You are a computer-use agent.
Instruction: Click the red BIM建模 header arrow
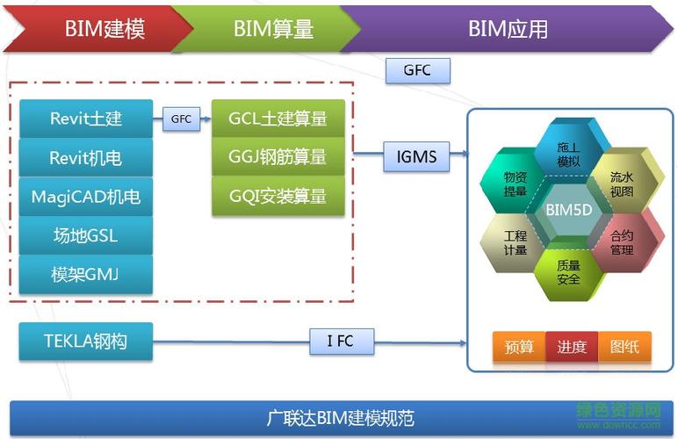tap(97, 29)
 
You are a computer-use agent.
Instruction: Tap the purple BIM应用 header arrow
tap(508, 29)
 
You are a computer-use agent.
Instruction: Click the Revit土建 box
tap(86, 119)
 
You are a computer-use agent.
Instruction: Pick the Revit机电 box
tap(86, 158)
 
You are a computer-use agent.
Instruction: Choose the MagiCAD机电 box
tap(86, 197)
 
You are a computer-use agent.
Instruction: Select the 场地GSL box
tap(86, 235)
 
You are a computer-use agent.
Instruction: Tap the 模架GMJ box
tap(86, 274)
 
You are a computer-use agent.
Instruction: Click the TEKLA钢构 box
tap(86, 342)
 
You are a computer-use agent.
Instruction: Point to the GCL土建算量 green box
tap(278, 119)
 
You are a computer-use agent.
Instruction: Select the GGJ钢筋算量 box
tap(278, 157)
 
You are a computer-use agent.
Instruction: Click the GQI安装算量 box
tap(278, 196)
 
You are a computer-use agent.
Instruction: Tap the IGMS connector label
tap(416, 157)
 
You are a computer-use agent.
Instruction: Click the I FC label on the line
tap(341, 342)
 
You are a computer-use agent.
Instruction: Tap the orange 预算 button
tap(519, 347)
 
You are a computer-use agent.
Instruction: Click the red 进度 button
tap(572, 347)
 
